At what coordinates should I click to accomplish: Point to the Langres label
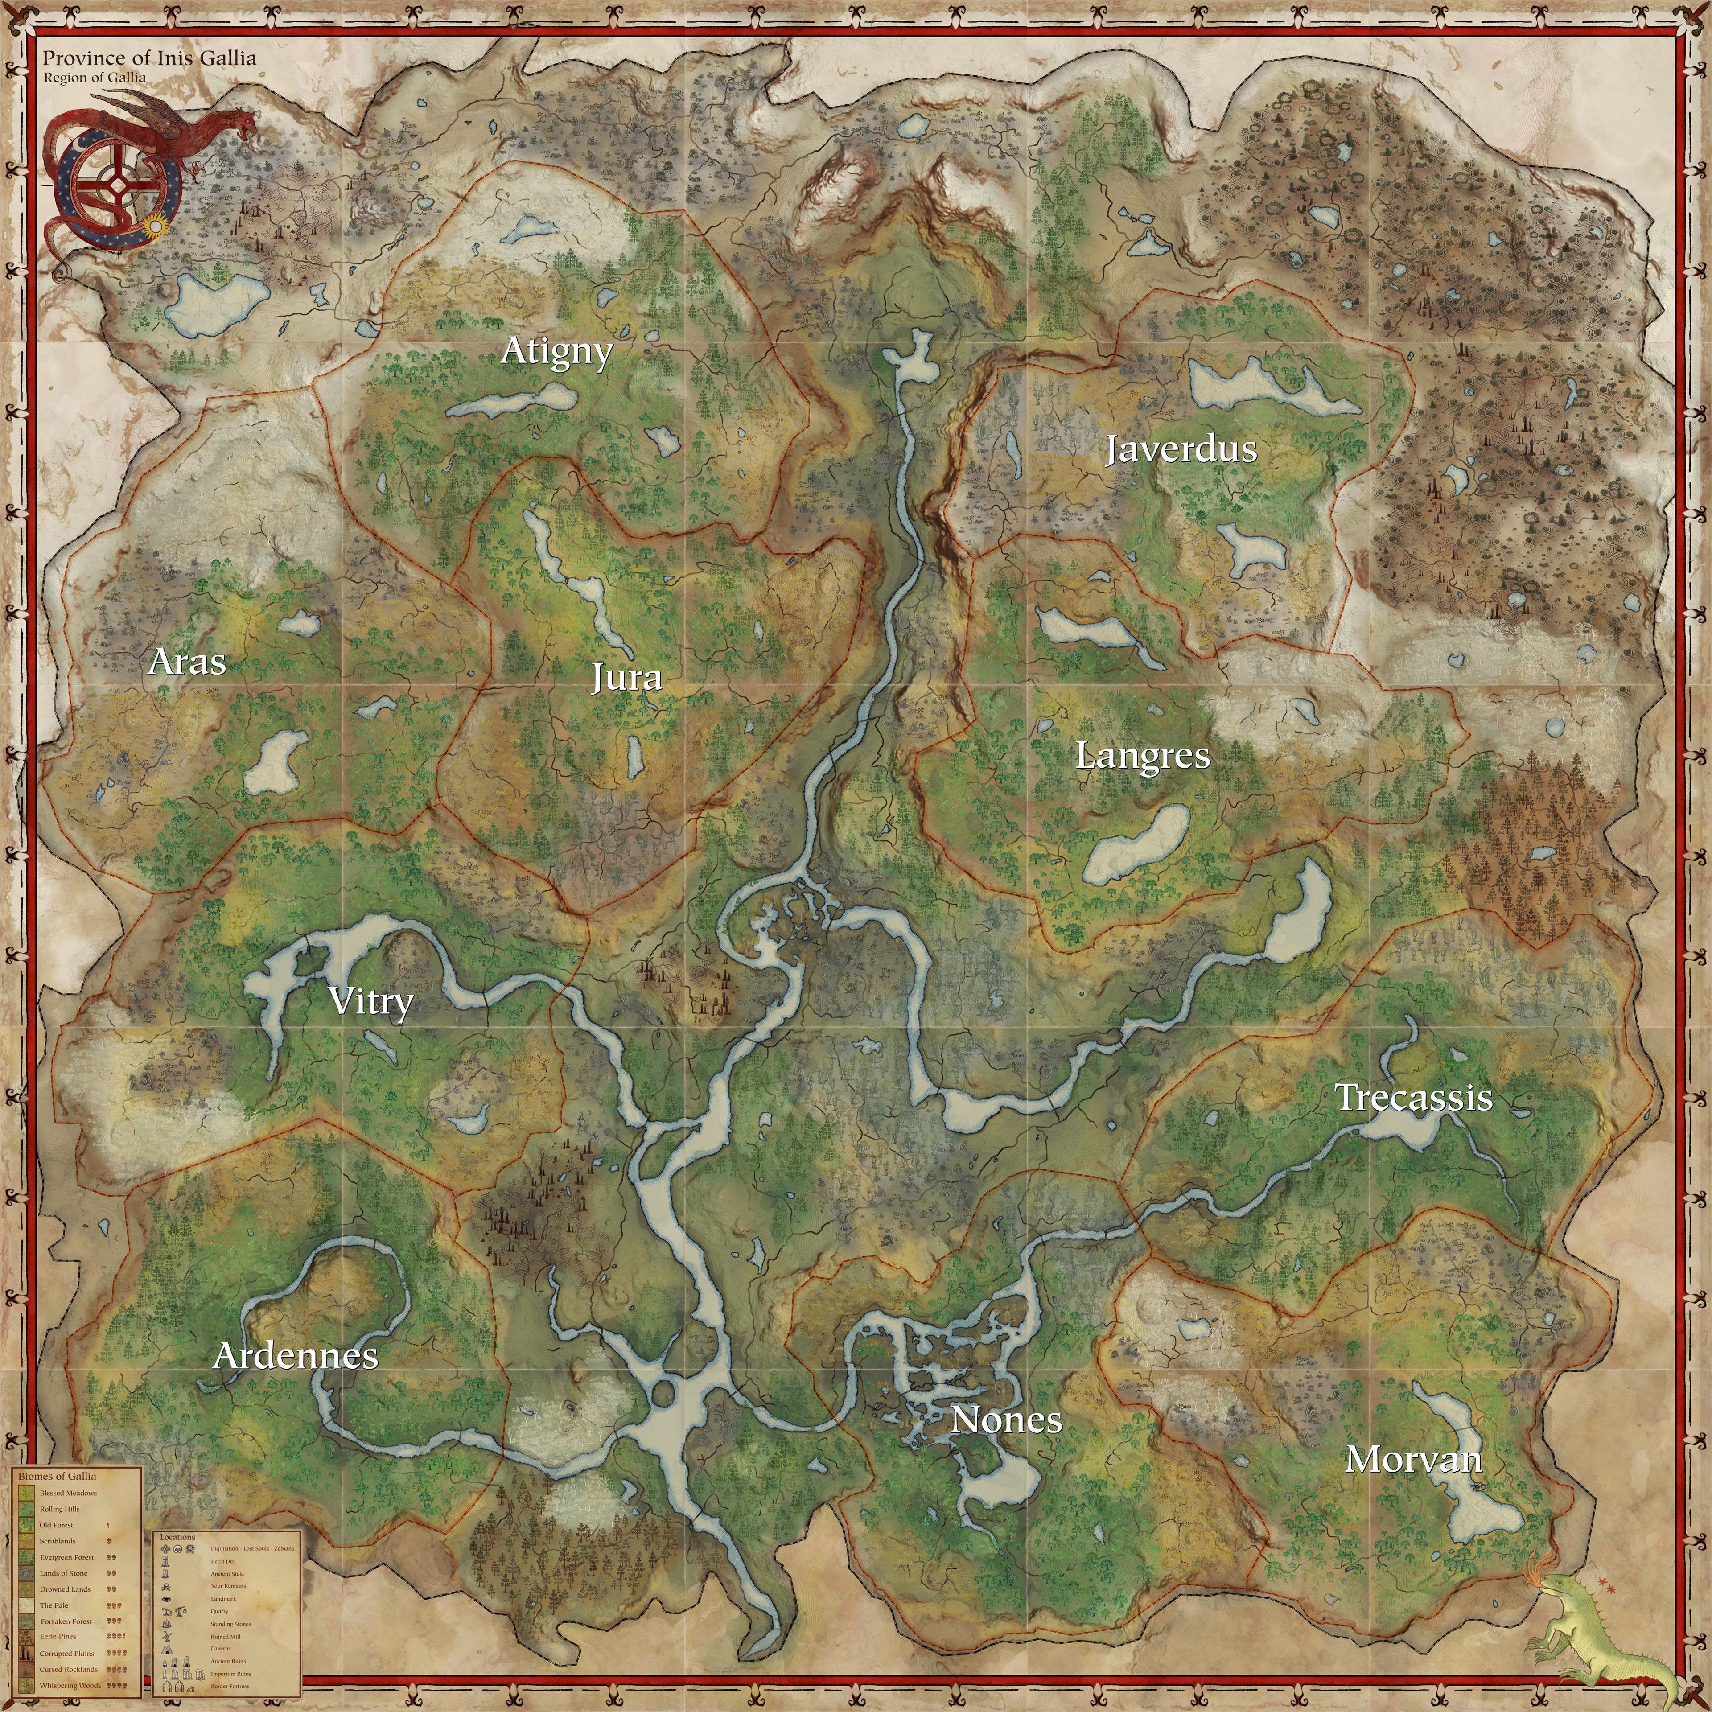[x=1142, y=756]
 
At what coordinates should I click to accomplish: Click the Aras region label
[x=187, y=662]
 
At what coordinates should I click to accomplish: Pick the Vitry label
[x=370, y=1001]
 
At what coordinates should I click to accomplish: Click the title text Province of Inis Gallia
[x=150, y=58]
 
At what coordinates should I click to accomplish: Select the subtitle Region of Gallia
[x=95, y=77]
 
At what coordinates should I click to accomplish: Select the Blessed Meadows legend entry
[x=68, y=1493]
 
